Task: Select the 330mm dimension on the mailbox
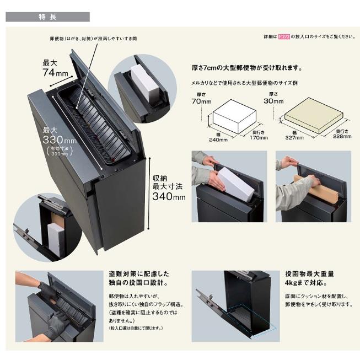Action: pyautogui.click(x=57, y=141)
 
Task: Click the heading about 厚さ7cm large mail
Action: pyautogui.click(x=246, y=68)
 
